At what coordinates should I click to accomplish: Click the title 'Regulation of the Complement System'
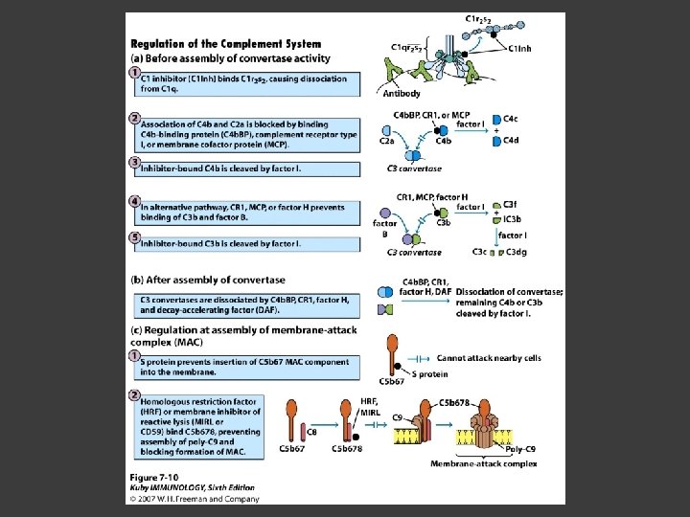(x=225, y=44)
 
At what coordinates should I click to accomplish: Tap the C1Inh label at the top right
(x=521, y=49)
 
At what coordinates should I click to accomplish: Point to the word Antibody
(x=400, y=93)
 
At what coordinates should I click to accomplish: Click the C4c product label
(x=512, y=118)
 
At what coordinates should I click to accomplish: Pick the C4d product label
(x=512, y=141)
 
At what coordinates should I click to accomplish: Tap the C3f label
(x=511, y=204)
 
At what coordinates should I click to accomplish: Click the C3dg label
(x=517, y=252)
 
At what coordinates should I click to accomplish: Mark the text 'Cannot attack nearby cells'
(x=489, y=358)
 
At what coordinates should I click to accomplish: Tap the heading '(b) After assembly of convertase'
(x=207, y=280)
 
